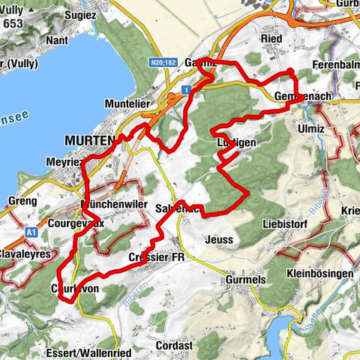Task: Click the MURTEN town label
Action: tap(89, 140)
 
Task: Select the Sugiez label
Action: tap(81, 14)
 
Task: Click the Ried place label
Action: tap(270, 38)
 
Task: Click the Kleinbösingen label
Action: tap(319, 274)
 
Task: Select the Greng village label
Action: tap(21, 201)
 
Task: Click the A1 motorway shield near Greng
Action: tap(30, 233)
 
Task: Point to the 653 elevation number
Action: tap(13, 23)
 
